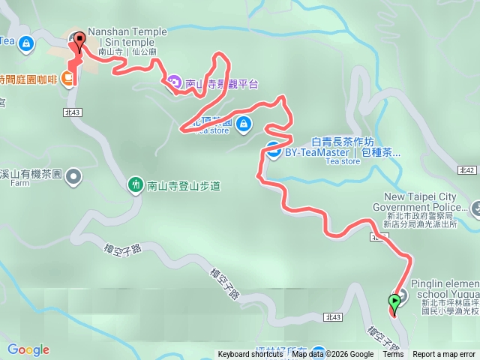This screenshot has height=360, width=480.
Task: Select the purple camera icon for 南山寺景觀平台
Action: (173, 81)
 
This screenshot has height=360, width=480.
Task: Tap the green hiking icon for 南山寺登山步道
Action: (136, 183)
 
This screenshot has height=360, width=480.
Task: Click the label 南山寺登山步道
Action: (184, 184)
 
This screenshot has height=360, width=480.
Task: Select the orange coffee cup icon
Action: (68, 78)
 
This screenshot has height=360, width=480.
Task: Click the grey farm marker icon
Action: (73, 177)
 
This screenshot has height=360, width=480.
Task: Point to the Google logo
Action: (28, 349)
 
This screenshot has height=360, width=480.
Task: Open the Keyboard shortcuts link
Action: (250, 355)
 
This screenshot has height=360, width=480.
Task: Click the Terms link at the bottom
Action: (393, 355)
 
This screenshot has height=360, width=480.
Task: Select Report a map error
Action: (444, 355)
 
